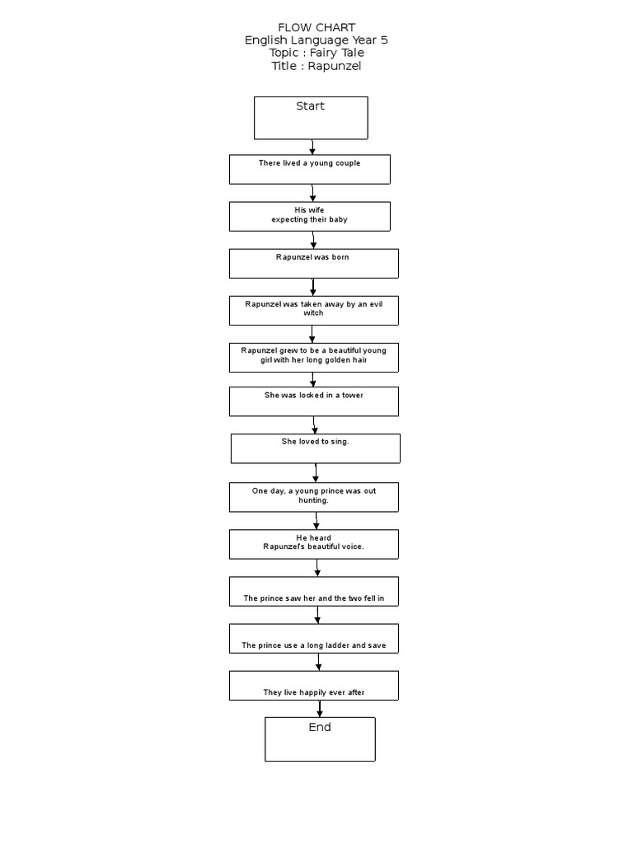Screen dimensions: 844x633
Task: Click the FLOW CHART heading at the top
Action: [x=316, y=27]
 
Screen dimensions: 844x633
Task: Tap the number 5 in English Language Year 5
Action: [x=383, y=40]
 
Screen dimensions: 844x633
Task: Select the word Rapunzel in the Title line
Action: [x=335, y=66]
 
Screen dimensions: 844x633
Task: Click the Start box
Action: [x=311, y=118]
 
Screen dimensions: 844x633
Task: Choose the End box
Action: [x=320, y=738]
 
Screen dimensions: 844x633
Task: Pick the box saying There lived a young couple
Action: [x=309, y=169]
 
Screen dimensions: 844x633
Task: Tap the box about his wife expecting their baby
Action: [x=309, y=216]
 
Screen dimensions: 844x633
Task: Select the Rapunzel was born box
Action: [x=313, y=263]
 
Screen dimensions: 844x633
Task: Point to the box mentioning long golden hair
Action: [x=313, y=357]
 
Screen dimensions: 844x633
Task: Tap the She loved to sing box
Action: [x=315, y=448]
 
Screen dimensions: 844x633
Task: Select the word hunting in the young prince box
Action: [x=313, y=500]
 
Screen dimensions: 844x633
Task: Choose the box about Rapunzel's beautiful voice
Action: [x=313, y=544]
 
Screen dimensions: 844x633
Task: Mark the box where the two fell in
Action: [x=313, y=591]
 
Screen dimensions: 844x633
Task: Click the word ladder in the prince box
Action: [x=333, y=646]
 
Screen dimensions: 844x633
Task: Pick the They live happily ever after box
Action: [x=313, y=686]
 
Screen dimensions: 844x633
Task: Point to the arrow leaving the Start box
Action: [x=312, y=148]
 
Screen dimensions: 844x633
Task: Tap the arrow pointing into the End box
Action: [x=320, y=709]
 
